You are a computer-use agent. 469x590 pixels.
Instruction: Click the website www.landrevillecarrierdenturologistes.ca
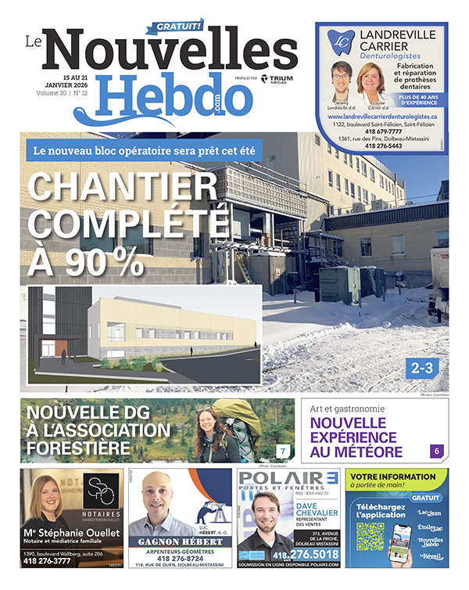[381, 116]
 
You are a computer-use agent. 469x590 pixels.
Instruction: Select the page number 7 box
[283, 450]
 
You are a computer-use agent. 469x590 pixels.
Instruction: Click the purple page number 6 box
[438, 451]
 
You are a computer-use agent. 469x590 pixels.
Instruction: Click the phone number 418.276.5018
[306, 555]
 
